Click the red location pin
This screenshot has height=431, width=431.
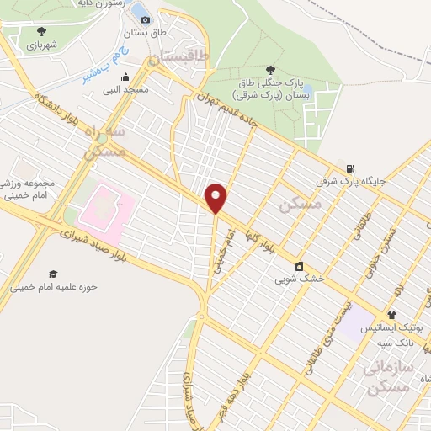[x=217, y=199]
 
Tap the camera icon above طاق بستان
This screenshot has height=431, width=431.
[x=145, y=19]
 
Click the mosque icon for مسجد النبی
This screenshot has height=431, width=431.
[x=125, y=75]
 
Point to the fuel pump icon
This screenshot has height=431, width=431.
[x=350, y=168]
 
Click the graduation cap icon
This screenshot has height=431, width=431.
[x=54, y=274]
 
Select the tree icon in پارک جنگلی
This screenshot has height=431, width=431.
[x=269, y=70]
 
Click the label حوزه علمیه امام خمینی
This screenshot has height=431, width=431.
[x=54, y=287]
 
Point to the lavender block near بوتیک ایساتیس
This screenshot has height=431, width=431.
[x=360, y=317]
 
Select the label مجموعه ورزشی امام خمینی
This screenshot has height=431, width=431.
[x=29, y=189]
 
